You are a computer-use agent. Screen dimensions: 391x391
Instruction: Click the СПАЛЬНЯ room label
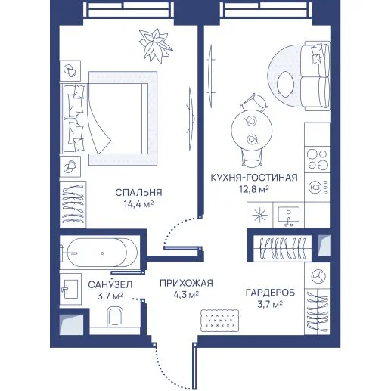coord(138,193)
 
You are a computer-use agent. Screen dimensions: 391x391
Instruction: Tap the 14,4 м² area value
coord(138,203)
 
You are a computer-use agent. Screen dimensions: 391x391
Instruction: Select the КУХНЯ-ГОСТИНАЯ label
coord(254,178)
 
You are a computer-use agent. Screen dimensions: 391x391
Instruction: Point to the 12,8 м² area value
coord(254,188)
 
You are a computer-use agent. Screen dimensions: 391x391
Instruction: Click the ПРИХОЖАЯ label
coord(186,283)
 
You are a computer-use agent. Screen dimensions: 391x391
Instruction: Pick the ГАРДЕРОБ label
coord(270,293)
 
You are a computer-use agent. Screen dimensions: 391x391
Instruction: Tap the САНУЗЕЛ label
coord(110,285)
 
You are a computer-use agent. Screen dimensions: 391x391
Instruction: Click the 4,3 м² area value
coord(186,294)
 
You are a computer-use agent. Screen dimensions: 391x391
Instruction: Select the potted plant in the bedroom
coord(155,45)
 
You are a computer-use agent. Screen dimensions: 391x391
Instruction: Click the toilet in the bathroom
coord(115,317)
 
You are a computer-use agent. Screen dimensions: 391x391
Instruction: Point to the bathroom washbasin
coord(70,289)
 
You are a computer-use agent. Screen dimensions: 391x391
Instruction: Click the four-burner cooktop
coord(318,160)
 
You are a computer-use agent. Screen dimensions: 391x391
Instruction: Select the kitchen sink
coord(289,216)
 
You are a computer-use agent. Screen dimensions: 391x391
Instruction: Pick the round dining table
coord(252,130)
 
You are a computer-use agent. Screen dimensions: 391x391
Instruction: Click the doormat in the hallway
coord(219,321)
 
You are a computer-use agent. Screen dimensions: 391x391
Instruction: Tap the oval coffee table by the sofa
coord(285,84)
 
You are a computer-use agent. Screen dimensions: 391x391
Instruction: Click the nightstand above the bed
coord(70,70)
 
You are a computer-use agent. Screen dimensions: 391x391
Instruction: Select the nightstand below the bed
coord(70,166)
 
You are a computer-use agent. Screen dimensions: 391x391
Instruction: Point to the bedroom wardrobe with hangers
coord(73,204)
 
